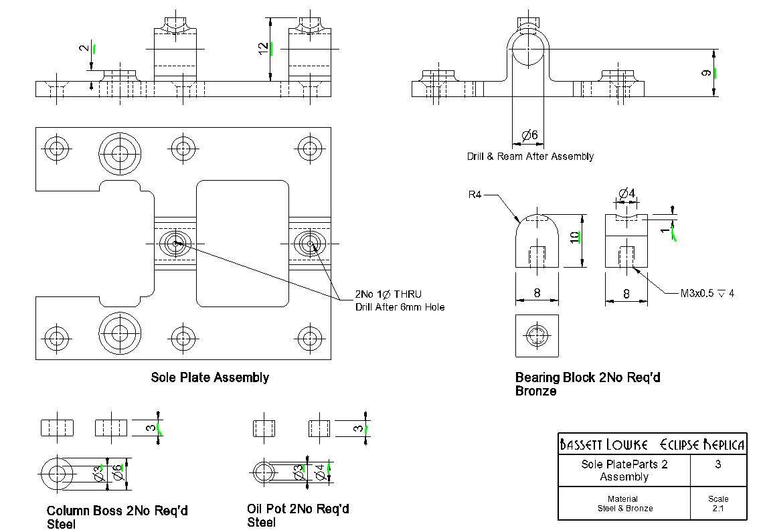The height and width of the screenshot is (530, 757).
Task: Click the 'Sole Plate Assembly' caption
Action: tap(209, 377)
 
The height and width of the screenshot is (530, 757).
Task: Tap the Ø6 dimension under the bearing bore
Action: tap(529, 135)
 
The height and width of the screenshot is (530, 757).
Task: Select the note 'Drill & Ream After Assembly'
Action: tap(530, 157)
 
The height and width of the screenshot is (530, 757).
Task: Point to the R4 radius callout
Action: tap(475, 195)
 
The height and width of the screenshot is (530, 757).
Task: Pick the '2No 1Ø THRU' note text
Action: tap(388, 294)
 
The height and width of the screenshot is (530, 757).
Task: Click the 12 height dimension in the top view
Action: tap(264, 49)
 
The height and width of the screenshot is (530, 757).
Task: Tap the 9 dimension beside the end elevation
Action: tap(706, 74)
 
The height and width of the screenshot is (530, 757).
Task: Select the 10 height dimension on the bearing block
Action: tap(574, 238)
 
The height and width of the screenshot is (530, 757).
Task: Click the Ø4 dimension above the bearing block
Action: tap(626, 193)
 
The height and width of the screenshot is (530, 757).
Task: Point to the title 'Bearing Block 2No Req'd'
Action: tap(588, 377)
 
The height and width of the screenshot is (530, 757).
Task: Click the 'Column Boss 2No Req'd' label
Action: tap(117, 511)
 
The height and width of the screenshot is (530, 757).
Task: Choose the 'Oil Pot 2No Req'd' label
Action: tap(298, 509)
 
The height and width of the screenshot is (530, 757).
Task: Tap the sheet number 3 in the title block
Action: tap(718, 464)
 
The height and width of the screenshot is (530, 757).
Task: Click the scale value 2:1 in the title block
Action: tap(718, 509)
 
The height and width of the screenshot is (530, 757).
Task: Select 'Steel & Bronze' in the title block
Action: tap(625, 509)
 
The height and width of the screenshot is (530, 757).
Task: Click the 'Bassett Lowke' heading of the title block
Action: tap(604, 444)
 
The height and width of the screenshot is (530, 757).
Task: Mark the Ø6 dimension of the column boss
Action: tap(117, 474)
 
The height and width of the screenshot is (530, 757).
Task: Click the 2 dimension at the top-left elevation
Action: tap(84, 48)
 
